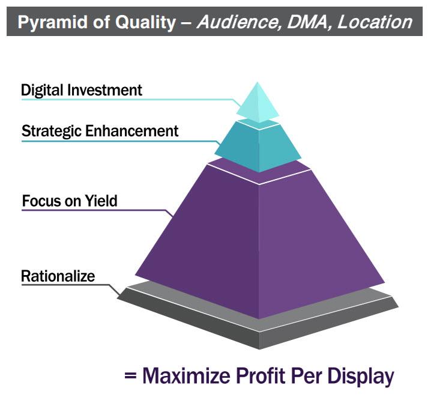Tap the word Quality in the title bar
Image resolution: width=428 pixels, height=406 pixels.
click(145, 22)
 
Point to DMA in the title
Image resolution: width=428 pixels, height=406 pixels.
click(307, 22)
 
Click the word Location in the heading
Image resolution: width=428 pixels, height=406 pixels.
click(375, 22)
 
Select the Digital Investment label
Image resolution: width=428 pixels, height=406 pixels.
click(82, 90)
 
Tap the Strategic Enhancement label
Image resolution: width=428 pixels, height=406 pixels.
click(100, 131)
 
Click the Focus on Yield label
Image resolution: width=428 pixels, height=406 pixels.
click(70, 201)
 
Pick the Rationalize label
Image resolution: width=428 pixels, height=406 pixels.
click(58, 276)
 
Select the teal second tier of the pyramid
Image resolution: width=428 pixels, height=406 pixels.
click(258, 147)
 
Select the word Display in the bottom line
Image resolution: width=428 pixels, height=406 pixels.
click(361, 377)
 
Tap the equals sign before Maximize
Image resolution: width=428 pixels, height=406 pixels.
click(130, 376)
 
